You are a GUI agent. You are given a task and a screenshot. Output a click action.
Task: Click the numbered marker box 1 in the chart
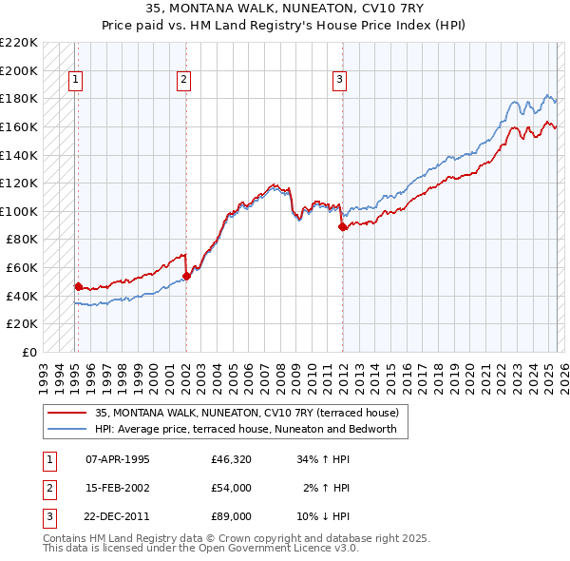click(x=74, y=81)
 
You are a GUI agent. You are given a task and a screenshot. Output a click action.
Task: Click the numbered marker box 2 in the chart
click(x=183, y=81)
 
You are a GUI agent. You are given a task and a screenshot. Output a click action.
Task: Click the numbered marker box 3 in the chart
click(x=339, y=81)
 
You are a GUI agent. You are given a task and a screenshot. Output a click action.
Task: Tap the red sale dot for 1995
click(x=78, y=285)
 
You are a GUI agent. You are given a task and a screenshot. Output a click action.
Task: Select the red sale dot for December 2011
click(x=342, y=226)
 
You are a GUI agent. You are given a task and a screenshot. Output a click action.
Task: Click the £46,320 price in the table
click(x=231, y=459)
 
